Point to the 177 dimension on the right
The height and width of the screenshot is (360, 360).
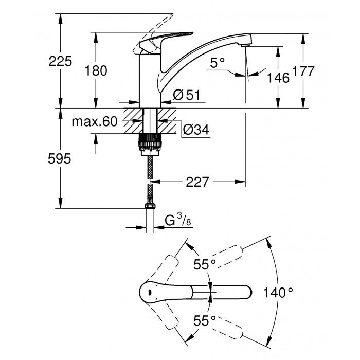point(303,72)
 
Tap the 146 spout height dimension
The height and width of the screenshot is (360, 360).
point(278,78)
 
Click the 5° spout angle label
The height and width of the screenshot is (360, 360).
point(218,63)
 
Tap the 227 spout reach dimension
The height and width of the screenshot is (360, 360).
point(197,182)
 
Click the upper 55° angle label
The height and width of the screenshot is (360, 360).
point(204,264)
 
